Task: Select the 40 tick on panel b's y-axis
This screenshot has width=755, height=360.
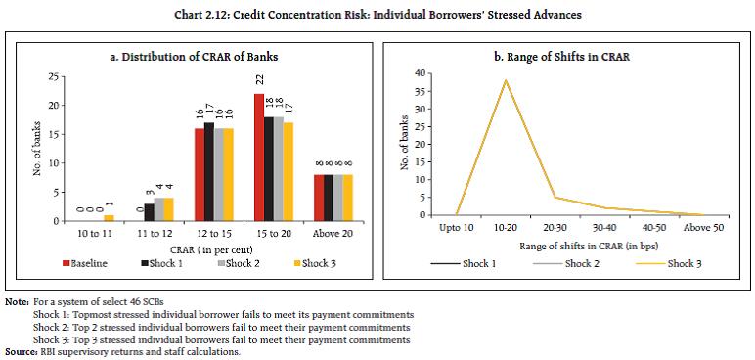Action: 420,73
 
